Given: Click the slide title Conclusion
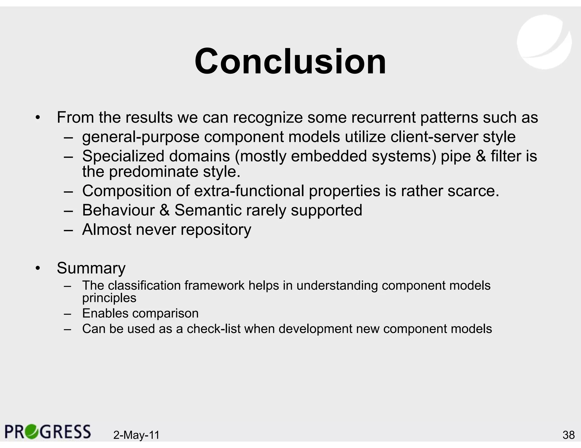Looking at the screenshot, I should (290, 61).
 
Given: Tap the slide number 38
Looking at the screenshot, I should (569, 435).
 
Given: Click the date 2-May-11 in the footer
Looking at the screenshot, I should (136, 435).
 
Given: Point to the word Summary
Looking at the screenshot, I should (91, 268).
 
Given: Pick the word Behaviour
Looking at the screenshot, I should (118, 210).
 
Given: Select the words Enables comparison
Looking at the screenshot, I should (140, 313).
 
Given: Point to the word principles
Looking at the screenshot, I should (109, 298).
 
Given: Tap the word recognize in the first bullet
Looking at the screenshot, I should (268, 117).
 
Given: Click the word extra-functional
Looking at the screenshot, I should (249, 191).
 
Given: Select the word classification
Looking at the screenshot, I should (144, 285).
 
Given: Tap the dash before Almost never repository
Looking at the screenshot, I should (68, 230).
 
